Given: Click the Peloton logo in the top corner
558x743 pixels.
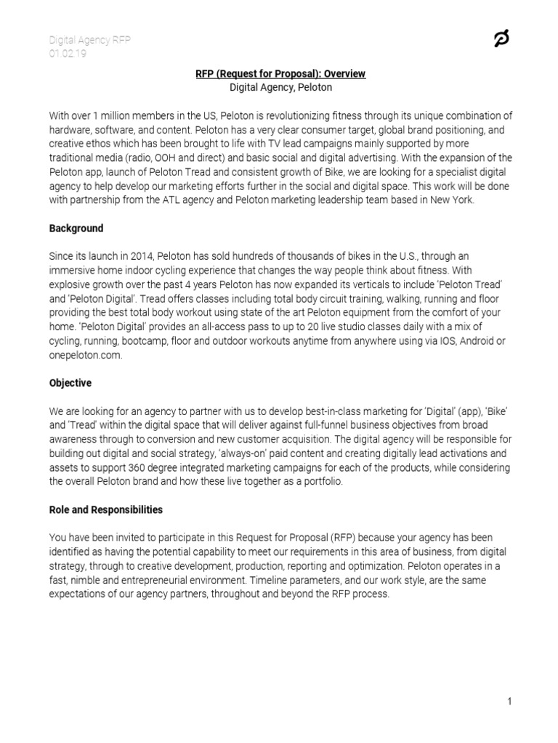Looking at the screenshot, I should (x=501, y=39).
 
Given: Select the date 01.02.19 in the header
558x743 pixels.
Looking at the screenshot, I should (x=68, y=54).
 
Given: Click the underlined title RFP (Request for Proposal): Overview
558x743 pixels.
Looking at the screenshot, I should (x=280, y=74).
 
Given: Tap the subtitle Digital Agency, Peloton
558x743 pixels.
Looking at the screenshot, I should (x=280, y=88).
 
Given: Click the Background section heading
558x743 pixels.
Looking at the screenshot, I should (x=76, y=229).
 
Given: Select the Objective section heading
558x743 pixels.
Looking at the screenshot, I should (x=70, y=382).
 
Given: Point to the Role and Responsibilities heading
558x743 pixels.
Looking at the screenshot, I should (x=106, y=510).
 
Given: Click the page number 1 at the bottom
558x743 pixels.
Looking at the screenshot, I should (x=510, y=701).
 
